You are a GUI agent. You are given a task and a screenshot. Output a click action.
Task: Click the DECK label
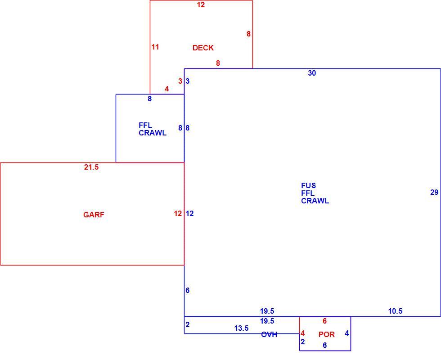point(203,48)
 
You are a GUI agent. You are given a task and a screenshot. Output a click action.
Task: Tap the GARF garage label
point(94,215)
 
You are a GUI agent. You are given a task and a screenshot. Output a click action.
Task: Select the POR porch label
point(327,334)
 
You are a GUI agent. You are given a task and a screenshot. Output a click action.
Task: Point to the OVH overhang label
point(269,334)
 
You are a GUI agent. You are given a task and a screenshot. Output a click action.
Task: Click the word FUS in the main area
point(309,185)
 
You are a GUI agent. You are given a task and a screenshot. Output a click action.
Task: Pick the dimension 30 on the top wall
point(312,73)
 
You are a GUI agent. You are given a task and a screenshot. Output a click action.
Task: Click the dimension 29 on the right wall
point(434,193)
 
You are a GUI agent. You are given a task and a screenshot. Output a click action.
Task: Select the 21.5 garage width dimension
point(91,167)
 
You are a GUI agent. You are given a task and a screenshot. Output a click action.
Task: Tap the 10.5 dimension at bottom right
point(395,311)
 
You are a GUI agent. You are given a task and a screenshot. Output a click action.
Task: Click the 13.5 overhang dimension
point(241,328)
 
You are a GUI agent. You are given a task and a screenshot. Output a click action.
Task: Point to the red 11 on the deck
point(155,47)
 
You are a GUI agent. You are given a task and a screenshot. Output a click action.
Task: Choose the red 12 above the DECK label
point(201,5)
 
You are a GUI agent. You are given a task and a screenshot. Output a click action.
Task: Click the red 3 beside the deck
point(180,81)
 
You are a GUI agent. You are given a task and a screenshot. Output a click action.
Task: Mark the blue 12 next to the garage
point(189,214)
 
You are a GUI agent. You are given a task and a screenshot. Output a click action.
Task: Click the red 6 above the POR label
point(324,321)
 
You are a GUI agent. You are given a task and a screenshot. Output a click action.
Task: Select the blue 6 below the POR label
point(324,346)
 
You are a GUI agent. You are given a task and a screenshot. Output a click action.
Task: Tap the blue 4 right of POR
point(347,333)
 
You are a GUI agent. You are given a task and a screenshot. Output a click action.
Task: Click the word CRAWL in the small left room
point(153,133)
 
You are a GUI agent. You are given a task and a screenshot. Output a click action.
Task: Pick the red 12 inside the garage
point(178,214)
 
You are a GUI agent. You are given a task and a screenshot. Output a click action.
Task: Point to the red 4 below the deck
point(167,89)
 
